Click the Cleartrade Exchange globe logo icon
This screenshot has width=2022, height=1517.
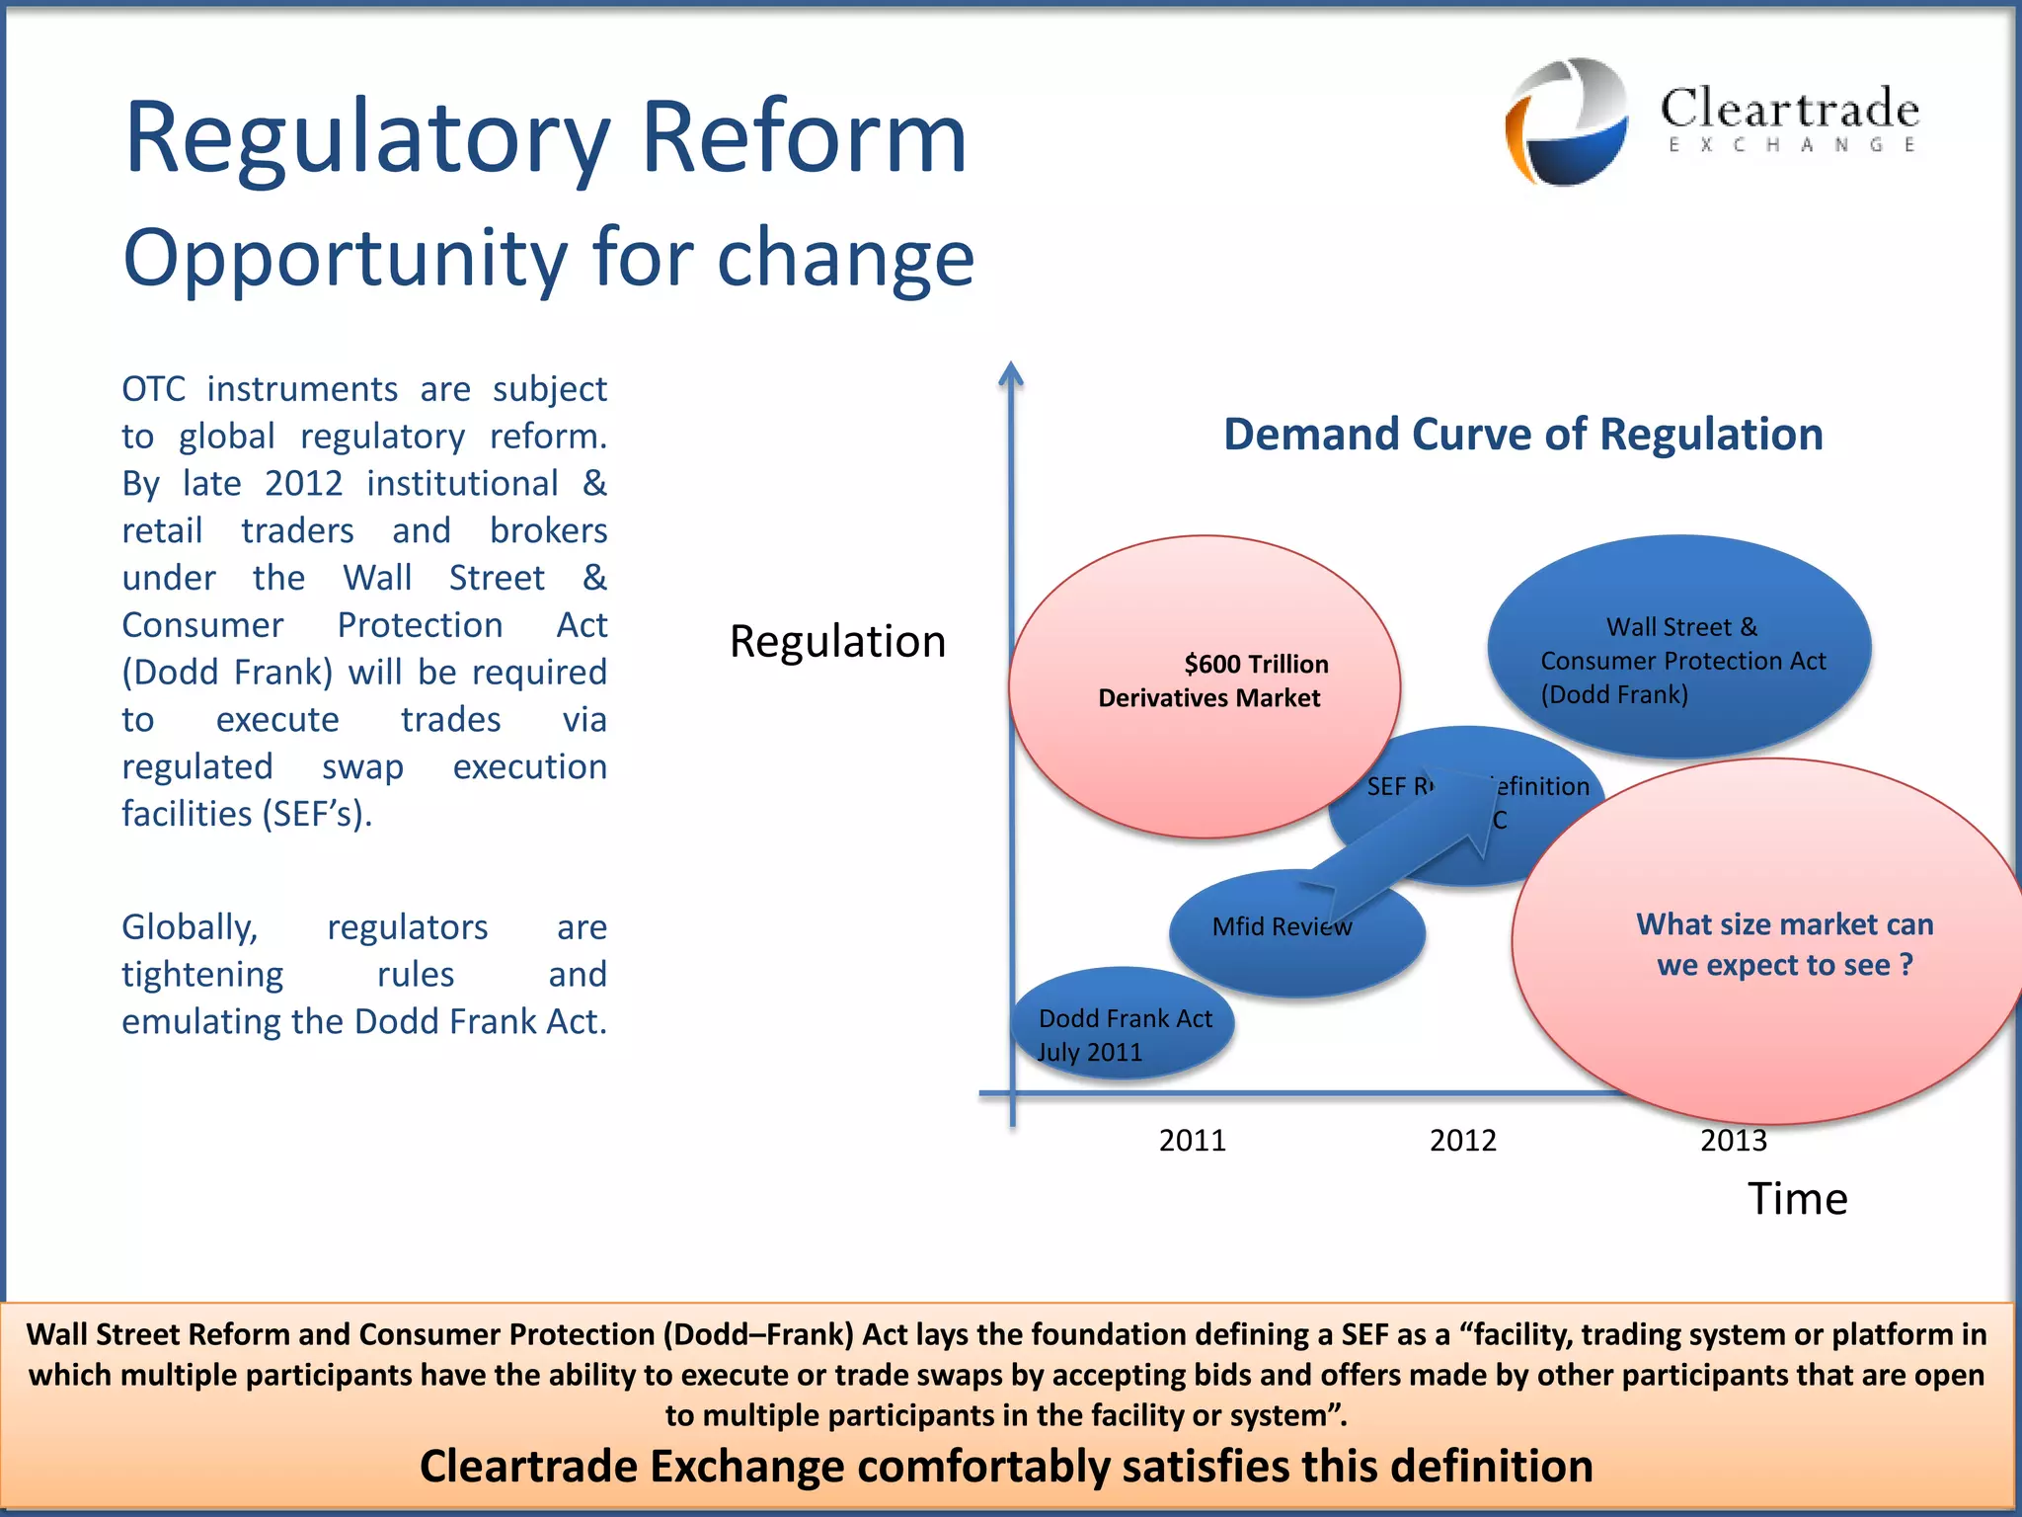1567,121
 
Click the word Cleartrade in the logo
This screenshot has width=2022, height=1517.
1789,108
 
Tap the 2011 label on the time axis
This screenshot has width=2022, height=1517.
1192,1141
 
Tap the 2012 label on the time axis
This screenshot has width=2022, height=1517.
1462,1141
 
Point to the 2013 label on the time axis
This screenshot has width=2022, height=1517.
1733,1142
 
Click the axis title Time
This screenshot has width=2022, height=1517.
1797,1199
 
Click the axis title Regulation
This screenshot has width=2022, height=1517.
837,642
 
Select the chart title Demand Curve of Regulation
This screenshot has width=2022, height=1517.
1522,435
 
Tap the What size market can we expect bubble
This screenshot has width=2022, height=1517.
1767,943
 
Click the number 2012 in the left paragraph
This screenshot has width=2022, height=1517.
303,484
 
